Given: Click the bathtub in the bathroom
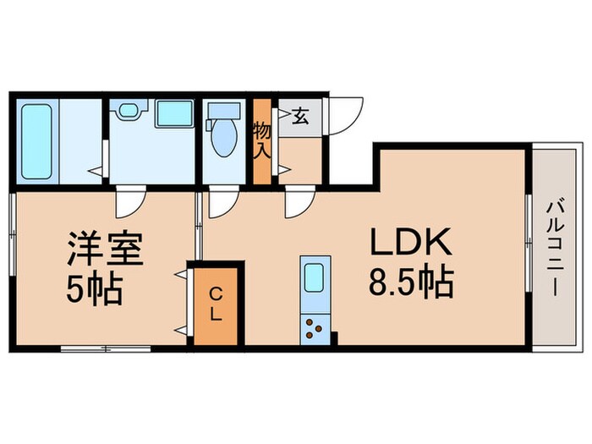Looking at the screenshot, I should (37, 141).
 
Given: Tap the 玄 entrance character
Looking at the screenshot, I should (300, 118).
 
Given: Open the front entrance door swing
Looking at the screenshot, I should (345, 115).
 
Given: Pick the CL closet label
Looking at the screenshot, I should (216, 304).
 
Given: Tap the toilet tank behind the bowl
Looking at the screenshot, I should (223, 111).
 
